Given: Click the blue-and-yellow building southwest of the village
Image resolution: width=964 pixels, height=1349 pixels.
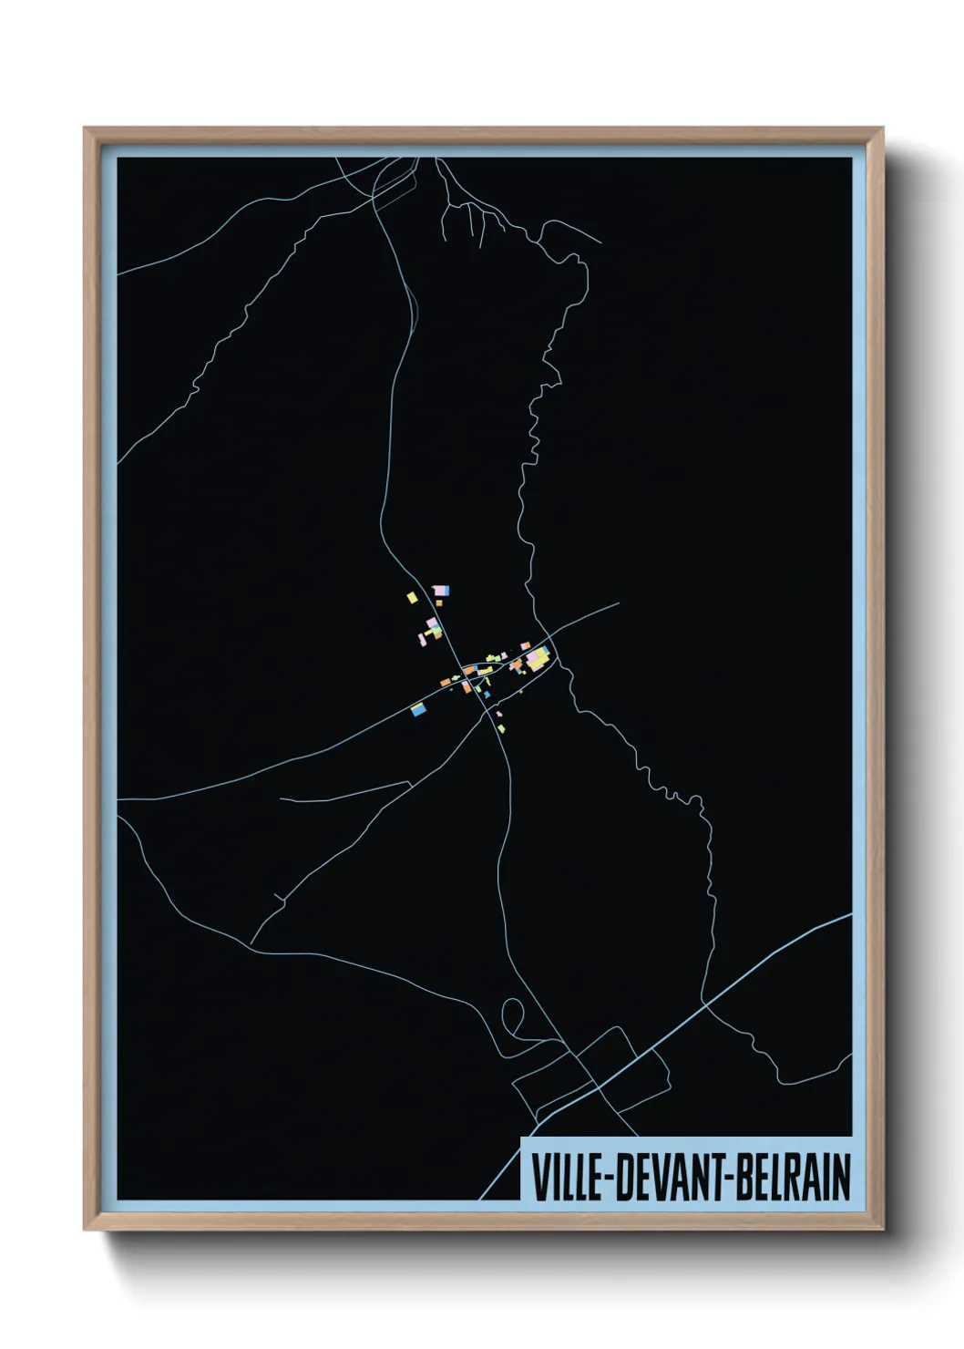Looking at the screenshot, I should coord(419,708).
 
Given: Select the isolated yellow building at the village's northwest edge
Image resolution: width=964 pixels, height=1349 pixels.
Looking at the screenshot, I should coord(412,598).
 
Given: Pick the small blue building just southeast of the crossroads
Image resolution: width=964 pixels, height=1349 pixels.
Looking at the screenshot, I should coord(487,695).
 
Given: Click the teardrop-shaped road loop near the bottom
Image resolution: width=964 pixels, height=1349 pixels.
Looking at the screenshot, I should coord(514,1016).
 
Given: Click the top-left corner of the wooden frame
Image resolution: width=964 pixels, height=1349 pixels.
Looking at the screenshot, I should coord(85,129).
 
